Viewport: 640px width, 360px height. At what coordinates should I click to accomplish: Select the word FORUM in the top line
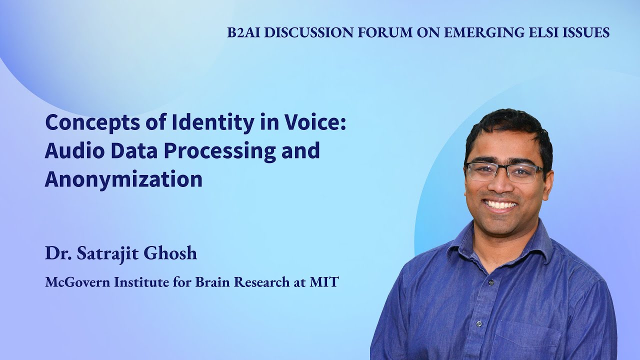pos(383,33)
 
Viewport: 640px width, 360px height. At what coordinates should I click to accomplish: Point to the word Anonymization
pos(123,179)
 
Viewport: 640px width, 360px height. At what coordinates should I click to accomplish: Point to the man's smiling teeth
pos(501,204)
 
